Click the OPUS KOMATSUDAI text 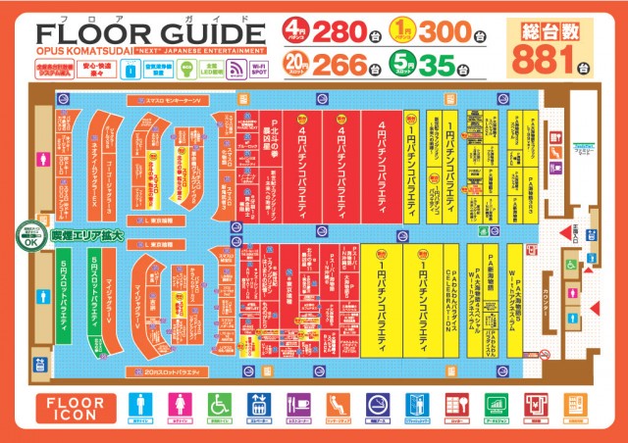click(x=73, y=48)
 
